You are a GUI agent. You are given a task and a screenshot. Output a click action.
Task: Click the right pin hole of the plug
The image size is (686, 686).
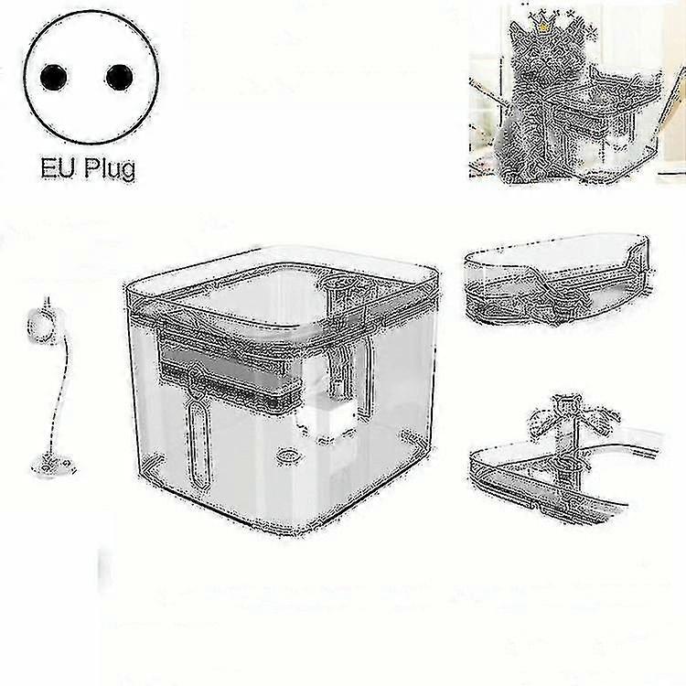click(x=117, y=78)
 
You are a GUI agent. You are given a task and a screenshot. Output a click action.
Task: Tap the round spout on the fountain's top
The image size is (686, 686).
click(x=339, y=294)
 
